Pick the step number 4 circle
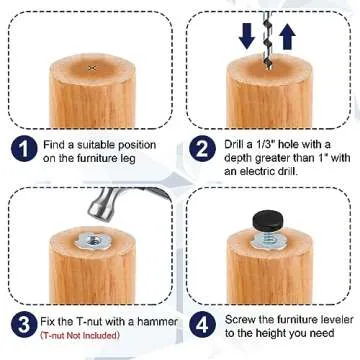click(x=203, y=325)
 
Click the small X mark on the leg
click(x=92, y=67)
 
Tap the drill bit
click(x=268, y=35)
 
